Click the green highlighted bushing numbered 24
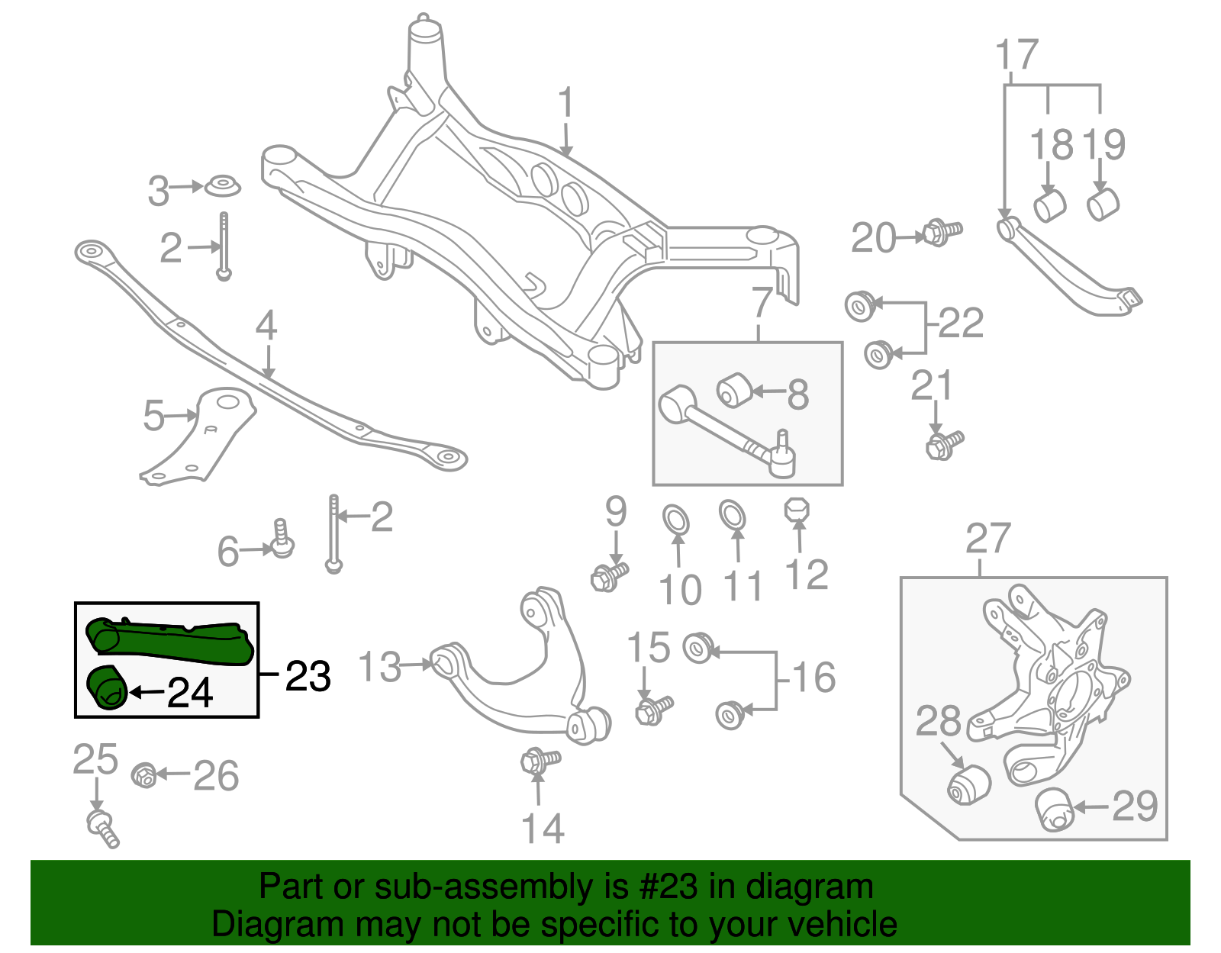[x=106, y=687]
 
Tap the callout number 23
[x=308, y=676]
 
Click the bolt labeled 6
[x=282, y=539]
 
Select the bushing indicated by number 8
[x=735, y=390]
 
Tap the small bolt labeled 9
[x=608, y=576]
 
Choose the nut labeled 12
[x=797, y=510]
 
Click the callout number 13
[x=379, y=667]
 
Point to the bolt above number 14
[x=539, y=760]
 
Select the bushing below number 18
[x=1049, y=204]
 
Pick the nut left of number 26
[x=144, y=775]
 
